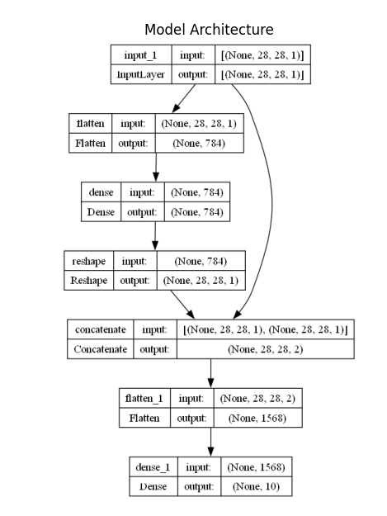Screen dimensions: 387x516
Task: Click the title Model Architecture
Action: pyautogui.click(x=209, y=30)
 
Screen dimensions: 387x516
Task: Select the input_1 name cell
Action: pyautogui.click(x=141, y=54)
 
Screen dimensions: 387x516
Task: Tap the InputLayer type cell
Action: pyautogui.click(x=141, y=74)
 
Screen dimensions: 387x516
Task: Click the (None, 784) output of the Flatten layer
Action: pyautogui.click(x=199, y=143)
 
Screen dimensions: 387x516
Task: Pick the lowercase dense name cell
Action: pyautogui.click(x=101, y=192)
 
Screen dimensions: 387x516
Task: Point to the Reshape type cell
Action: pyautogui.click(x=89, y=281)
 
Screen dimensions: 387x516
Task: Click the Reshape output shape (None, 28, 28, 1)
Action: pyautogui.click(x=201, y=281)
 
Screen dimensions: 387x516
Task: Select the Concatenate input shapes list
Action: pyautogui.click(x=266, y=329)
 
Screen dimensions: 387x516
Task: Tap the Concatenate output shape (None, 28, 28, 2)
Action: pyautogui.click(x=266, y=349)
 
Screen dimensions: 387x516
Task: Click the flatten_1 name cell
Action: pyautogui.click(x=144, y=398)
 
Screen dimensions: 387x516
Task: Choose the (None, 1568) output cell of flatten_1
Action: pyautogui.click(x=257, y=418)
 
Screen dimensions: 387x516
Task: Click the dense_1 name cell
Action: pyautogui.click(x=153, y=467)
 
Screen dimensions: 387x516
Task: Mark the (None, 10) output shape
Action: pyautogui.click(x=257, y=486)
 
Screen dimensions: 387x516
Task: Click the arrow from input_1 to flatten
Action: pyautogui.click(x=184, y=98)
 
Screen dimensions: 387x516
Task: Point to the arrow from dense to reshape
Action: pyautogui.click(x=155, y=235)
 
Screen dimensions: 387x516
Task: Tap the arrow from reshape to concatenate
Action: pyautogui.click(x=182, y=305)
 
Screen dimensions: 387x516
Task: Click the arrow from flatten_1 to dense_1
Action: pyautogui.click(x=210, y=442)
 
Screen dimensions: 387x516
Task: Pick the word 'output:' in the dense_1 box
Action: pyautogui.click(x=199, y=486)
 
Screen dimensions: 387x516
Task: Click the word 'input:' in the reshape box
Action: pyautogui.click(x=135, y=261)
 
